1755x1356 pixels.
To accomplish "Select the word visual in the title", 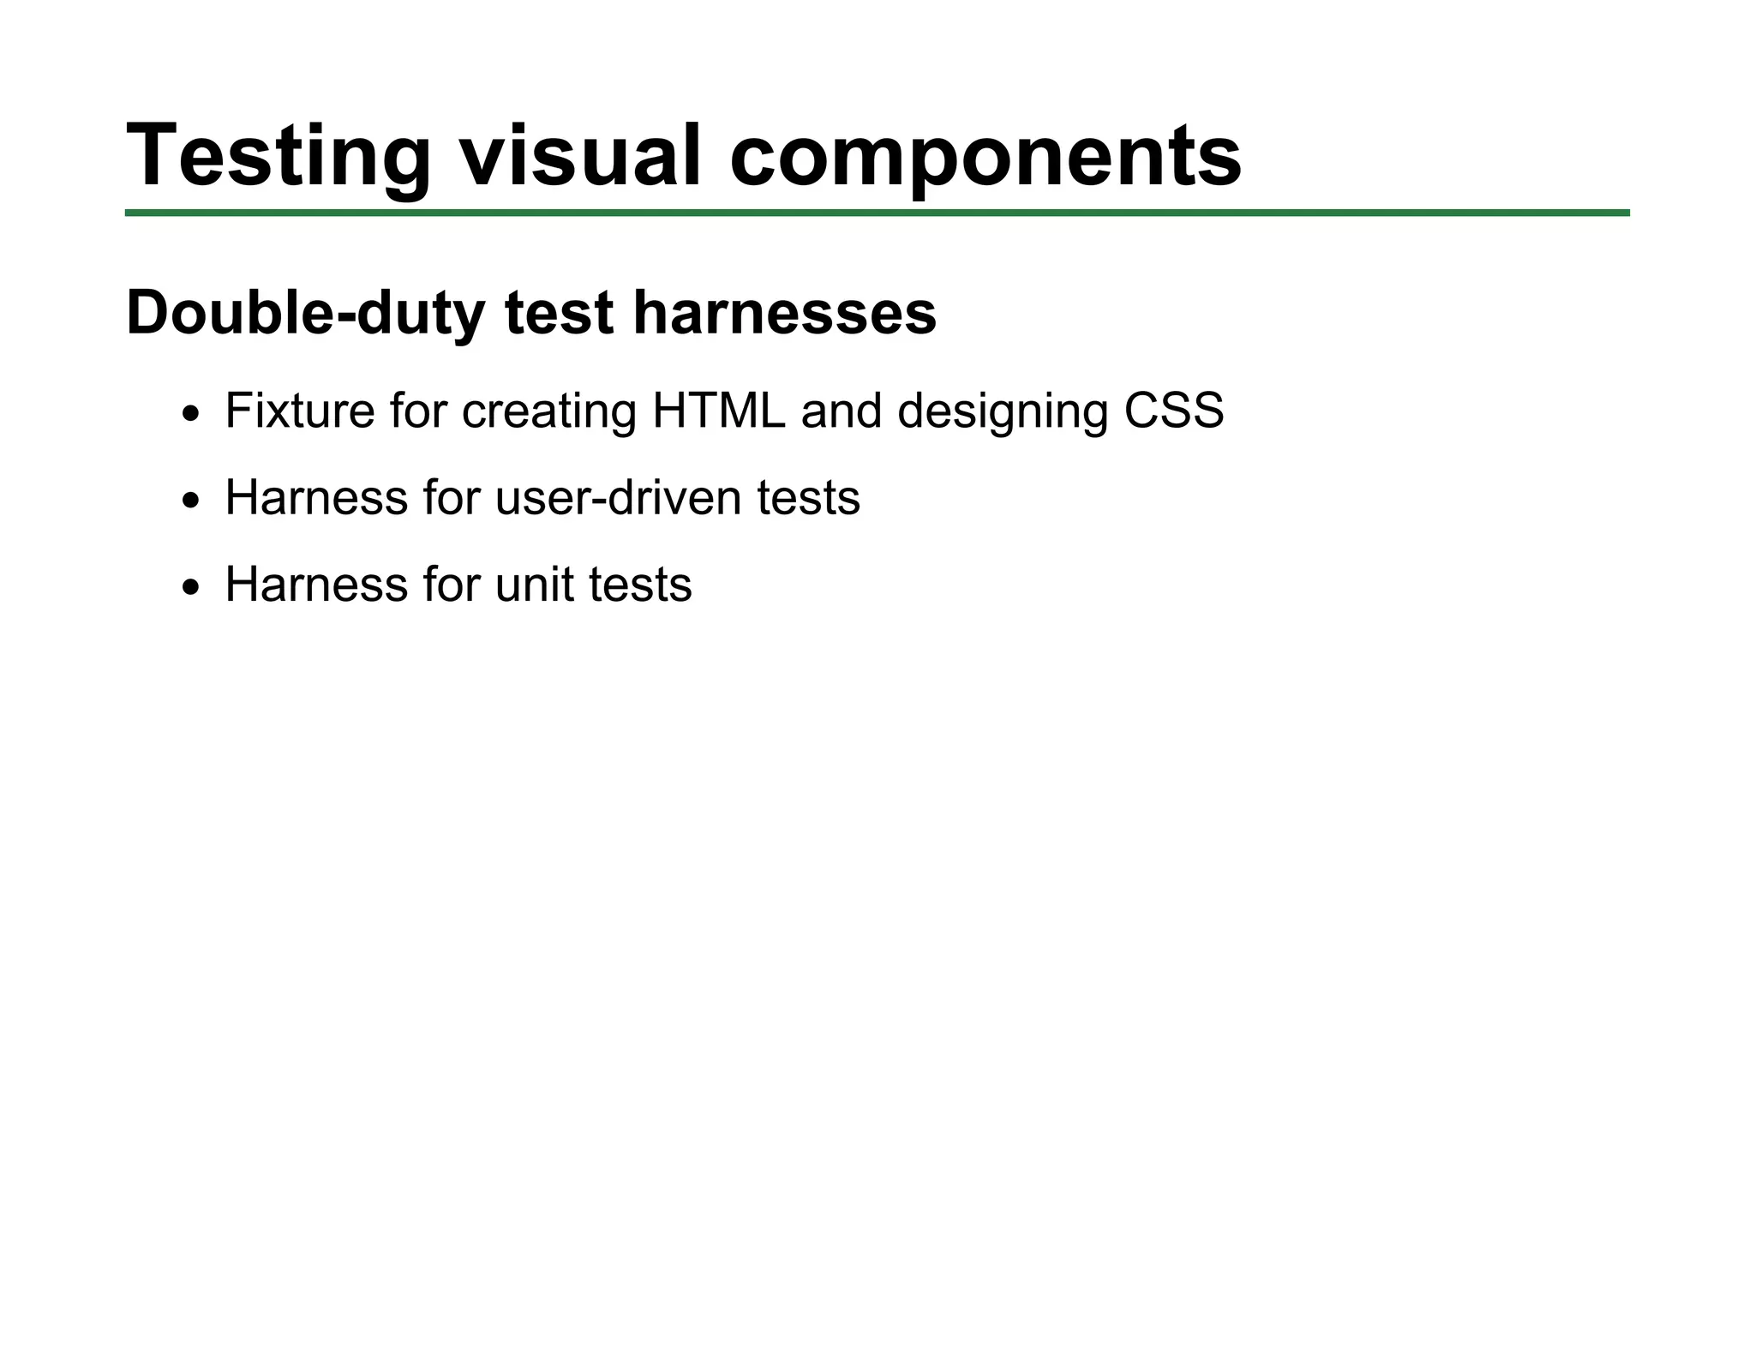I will coord(580,156).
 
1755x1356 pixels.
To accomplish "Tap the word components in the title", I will coord(985,156).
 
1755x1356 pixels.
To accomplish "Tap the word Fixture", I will coord(299,411).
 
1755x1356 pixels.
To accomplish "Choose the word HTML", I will coord(718,411).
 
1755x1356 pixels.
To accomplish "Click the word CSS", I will coord(1173,411).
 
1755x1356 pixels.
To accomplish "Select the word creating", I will coord(549,411).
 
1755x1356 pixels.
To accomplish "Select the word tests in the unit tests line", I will coord(640,585).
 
